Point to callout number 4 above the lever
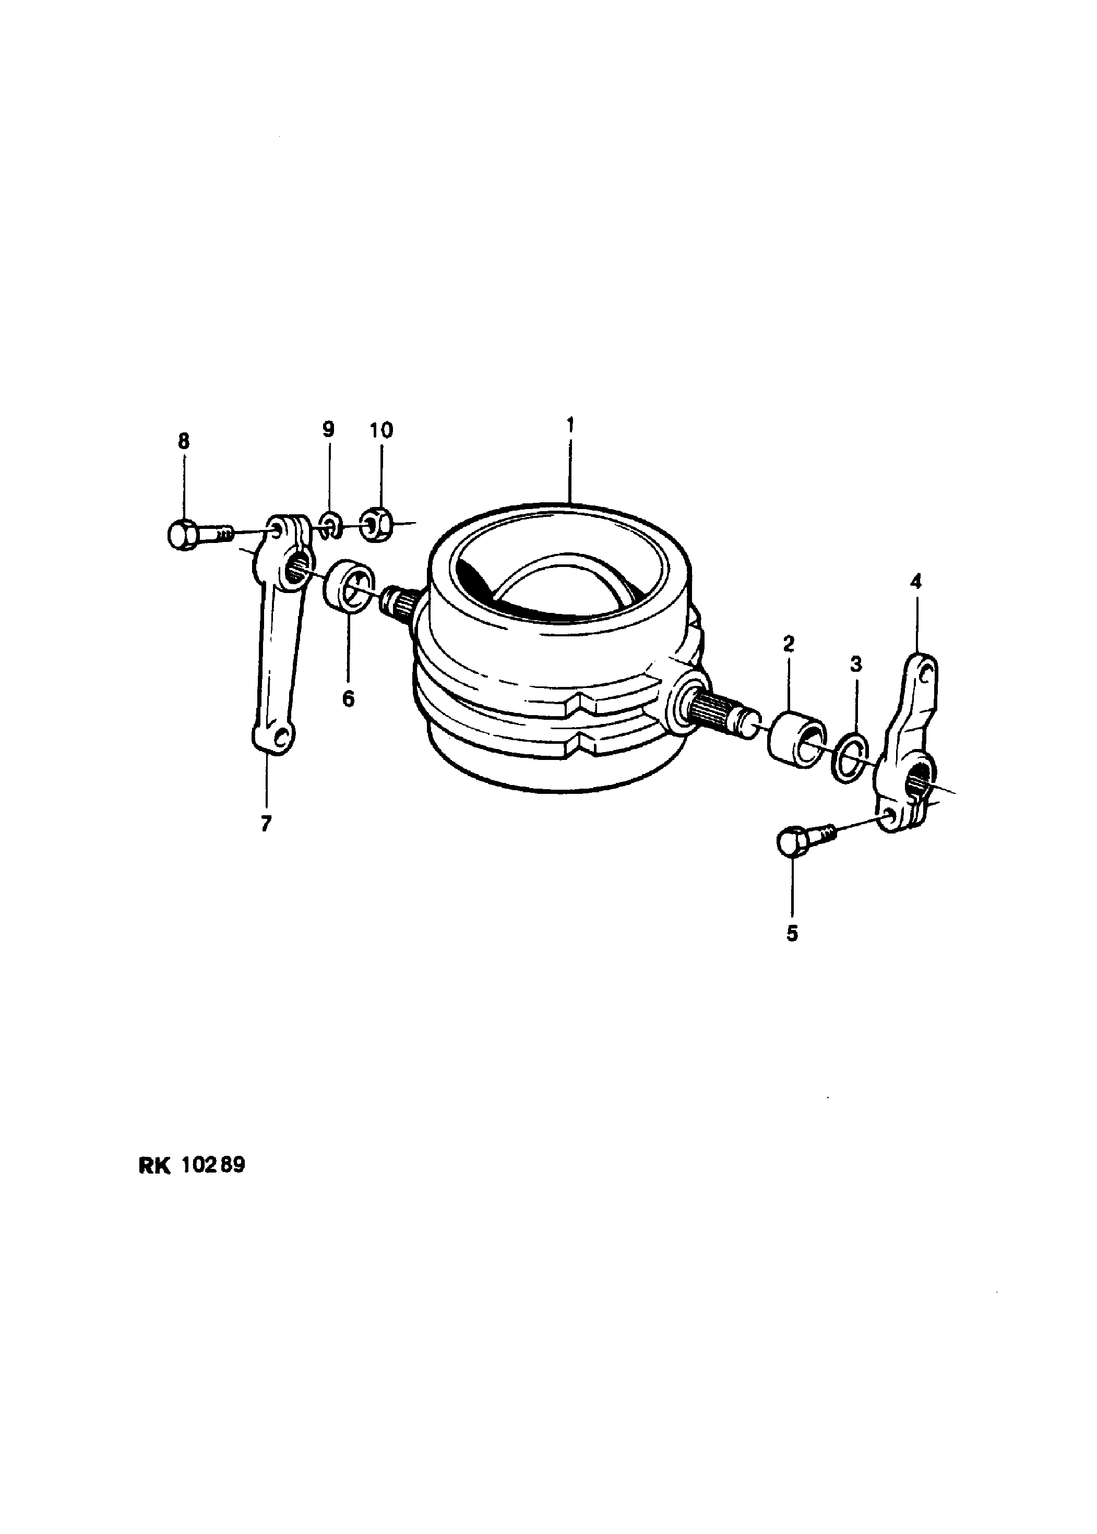(x=915, y=582)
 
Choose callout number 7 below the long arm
(x=266, y=823)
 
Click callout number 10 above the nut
(x=381, y=430)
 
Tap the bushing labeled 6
(x=349, y=584)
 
